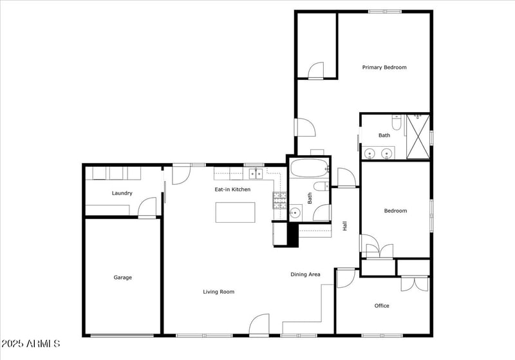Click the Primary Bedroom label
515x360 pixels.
tap(384, 67)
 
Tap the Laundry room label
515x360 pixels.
tap(122, 193)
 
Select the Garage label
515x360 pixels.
tap(123, 278)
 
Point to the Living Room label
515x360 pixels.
tap(218, 292)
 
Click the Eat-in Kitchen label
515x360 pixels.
tap(232, 189)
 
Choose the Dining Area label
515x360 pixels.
tap(305, 274)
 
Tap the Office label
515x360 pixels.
tap(382, 306)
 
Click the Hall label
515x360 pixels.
tap(345, 226)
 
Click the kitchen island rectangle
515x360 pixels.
tap(234, 212)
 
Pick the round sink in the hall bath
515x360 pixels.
tap(295, 212)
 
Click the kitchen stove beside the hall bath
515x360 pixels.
tap(280, 201)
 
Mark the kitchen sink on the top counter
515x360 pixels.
tap(256, 173)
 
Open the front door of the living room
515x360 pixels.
tap(259, 325)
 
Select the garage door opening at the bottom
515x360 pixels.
tap(122, 336)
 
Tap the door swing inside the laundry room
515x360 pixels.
tap(148, 208)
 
